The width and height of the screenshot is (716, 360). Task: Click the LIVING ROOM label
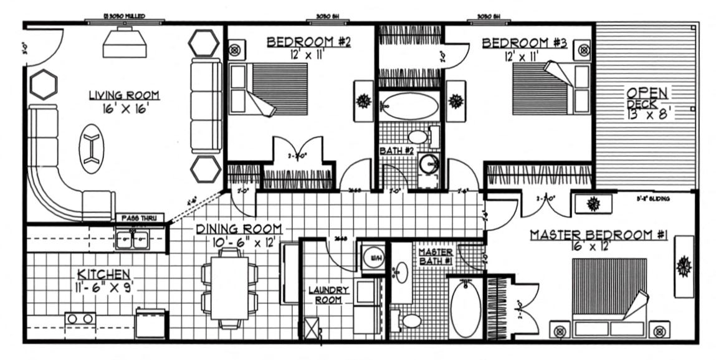(123, 95)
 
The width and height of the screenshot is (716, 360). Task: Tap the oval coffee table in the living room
(92, 149)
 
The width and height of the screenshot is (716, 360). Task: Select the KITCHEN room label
(103, 274)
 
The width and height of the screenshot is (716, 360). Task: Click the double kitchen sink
(131, 239)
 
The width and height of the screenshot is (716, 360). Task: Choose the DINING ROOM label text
(239, 229)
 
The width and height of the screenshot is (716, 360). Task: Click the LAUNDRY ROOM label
(329, 295)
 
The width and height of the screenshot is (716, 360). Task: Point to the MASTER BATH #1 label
(436, 256)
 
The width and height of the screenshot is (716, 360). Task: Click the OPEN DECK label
(647, 103)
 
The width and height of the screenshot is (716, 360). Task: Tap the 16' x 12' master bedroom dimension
(598, 247)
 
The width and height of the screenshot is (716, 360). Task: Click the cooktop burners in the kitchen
(80, 319)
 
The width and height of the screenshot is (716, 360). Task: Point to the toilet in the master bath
(409, 321)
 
